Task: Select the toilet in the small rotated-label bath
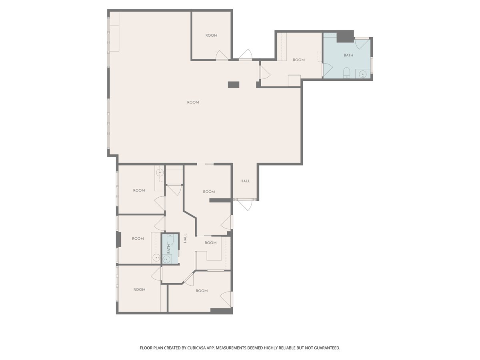(170, 239)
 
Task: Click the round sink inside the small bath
(167, 260)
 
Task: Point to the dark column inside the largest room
(233, 84)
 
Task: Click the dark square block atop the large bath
(345, 36)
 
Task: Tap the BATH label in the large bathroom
(348, 55)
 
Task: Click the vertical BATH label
(169, 249)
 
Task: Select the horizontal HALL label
(245, 181)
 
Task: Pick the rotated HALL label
(185, 238)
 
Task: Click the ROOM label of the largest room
(193, 102)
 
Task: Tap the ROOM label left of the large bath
(299, 60)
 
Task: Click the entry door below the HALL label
(245, 204)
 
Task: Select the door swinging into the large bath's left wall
(328, 70)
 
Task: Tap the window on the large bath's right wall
(372, 65)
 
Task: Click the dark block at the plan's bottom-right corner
(222, 311)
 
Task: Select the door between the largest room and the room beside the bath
(265, 72)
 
